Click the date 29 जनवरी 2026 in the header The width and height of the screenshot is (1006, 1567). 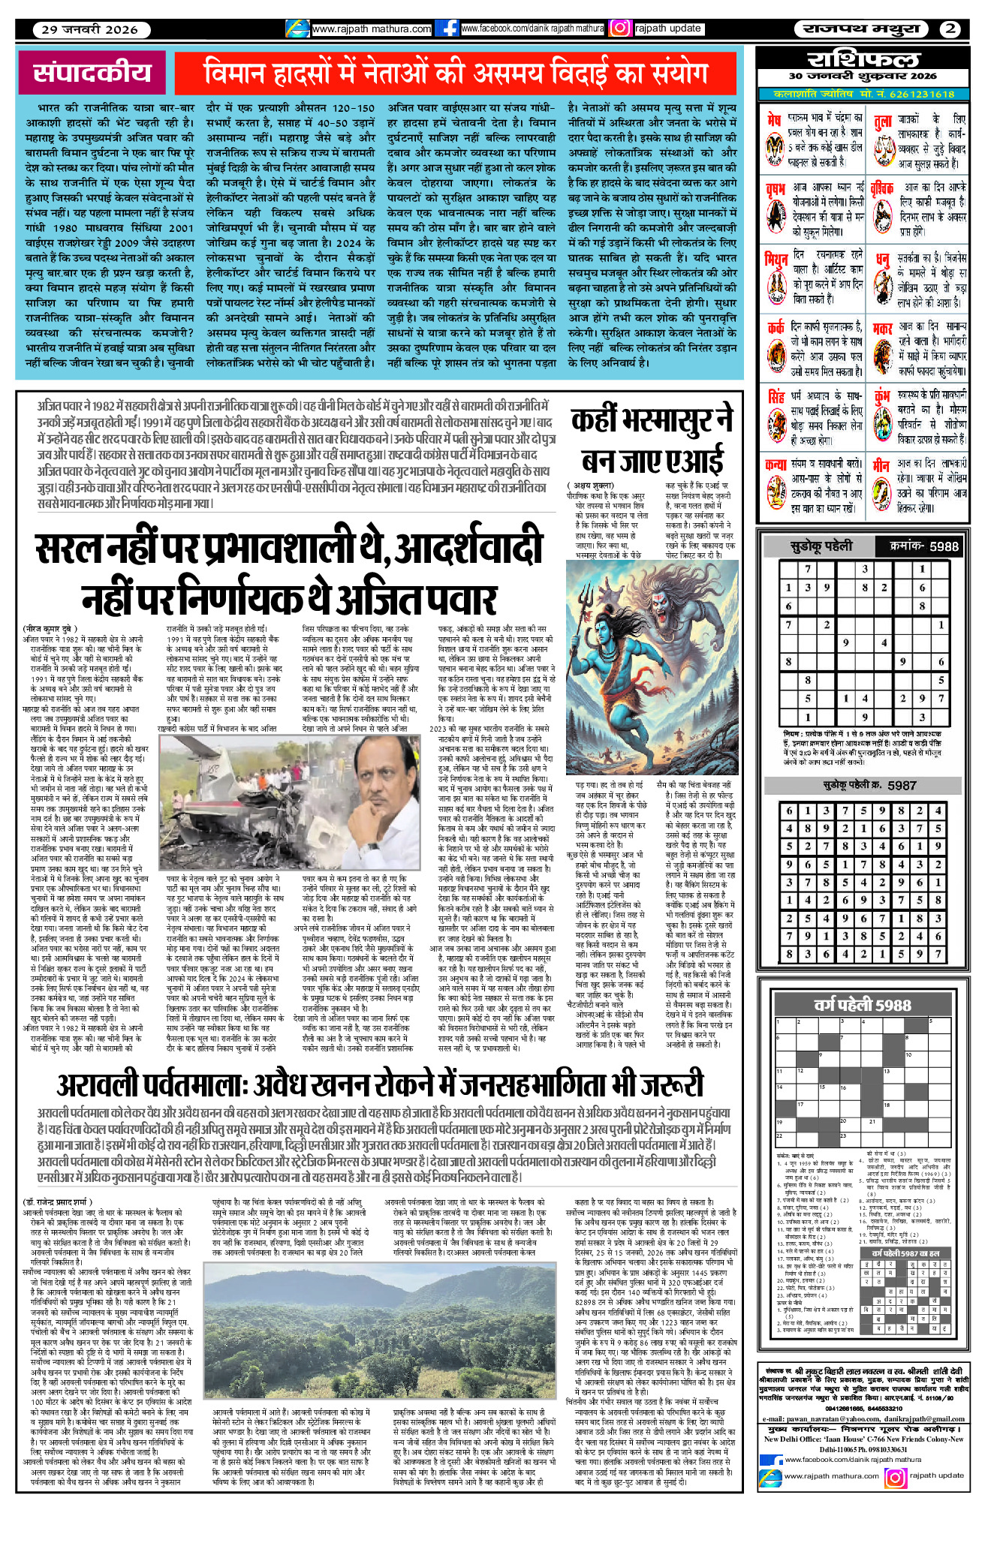(89, 29)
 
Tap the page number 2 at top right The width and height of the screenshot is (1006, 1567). (950, 29)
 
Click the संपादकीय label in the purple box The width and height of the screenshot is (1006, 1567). (92, 72)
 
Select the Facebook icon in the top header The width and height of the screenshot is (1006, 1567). (447, 29)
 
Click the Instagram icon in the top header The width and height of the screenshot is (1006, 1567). (619, 29)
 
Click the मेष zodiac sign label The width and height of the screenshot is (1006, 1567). (773, 119)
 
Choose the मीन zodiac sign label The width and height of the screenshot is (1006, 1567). (881, 465)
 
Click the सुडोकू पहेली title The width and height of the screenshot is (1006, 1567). (821, 546)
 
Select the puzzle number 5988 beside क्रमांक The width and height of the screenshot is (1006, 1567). (944, 546)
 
